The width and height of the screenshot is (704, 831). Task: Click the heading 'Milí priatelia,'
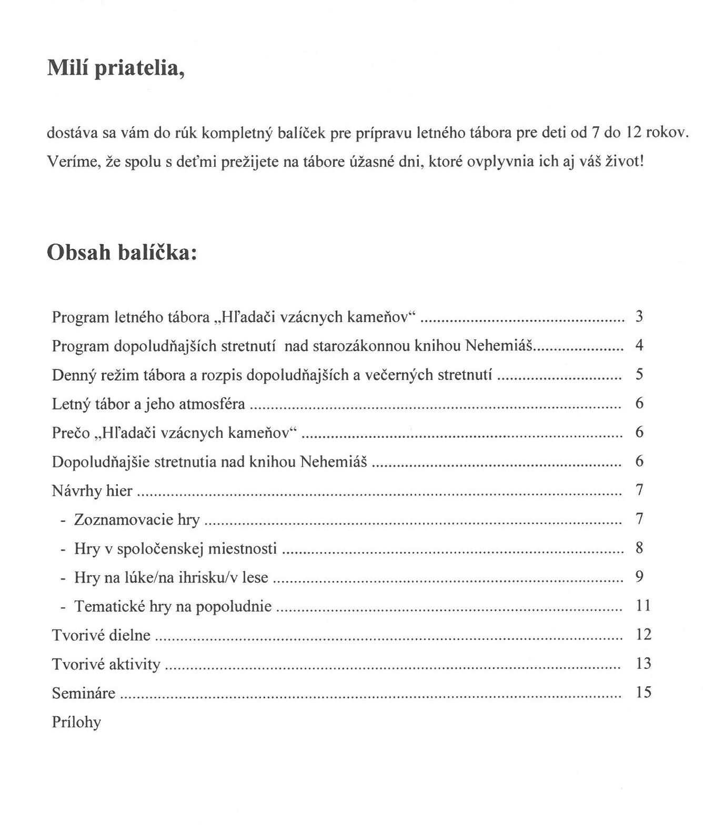(x=116, y=68)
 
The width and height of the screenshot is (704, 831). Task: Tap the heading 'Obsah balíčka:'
(x=122, y=253)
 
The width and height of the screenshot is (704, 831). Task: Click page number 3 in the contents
(x=639, y=317)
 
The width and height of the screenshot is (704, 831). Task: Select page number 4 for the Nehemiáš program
(x=639, y=346)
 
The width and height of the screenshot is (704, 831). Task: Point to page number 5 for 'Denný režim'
(x=639, y=375)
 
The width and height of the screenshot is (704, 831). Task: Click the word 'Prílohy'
(x=76, y=722)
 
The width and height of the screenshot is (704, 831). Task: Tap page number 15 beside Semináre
(x=643, y=692)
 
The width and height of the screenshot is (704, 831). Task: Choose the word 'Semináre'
(x=84, y=693)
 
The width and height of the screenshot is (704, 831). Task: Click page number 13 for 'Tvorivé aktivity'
(x=643, y=663)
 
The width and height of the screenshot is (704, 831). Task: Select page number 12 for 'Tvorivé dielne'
(x=643, y=634)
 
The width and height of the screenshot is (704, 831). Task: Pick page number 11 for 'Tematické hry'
(x=643, y=605)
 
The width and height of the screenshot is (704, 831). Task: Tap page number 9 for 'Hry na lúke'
(x=639, y=577)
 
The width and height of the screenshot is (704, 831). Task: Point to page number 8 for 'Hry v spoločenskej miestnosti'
(x=639, y=548)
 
